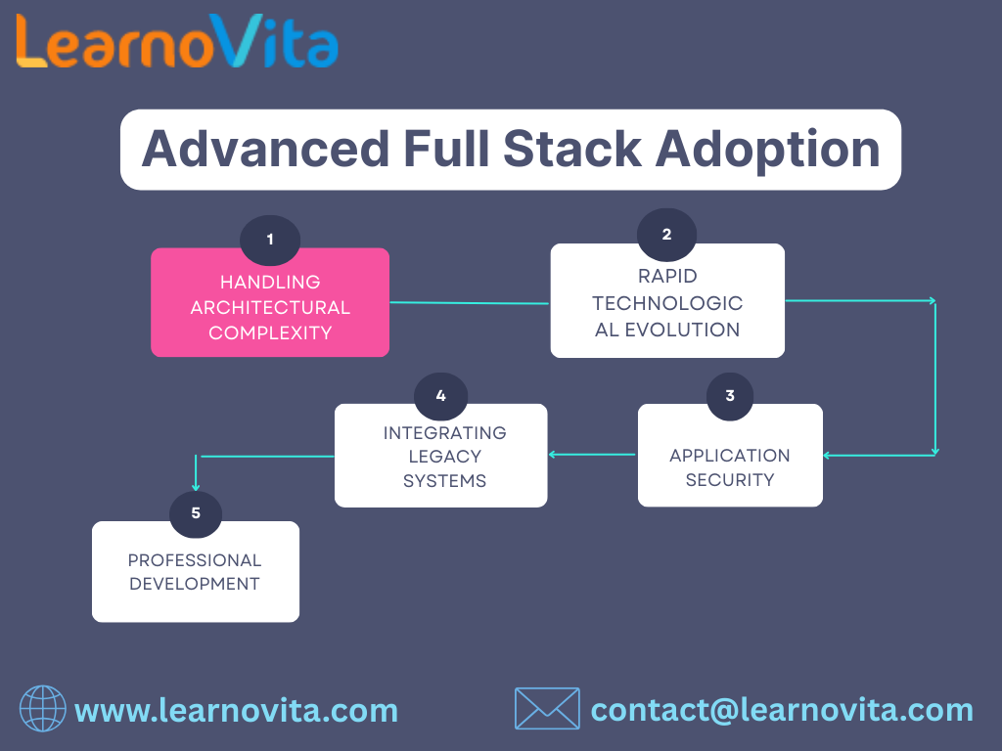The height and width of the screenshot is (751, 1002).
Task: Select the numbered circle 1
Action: pos(270,240)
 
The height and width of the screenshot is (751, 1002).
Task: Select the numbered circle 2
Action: pos(666,235)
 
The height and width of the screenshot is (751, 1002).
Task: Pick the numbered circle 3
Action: pos(730,396)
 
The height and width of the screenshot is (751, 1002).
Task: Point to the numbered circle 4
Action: pos(440,396)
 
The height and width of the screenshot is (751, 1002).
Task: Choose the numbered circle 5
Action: pos(196,512)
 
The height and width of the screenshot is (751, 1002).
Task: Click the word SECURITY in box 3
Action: pos(730,480)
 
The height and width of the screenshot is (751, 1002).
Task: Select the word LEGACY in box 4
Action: pos(444,457)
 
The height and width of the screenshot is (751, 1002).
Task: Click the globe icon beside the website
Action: pos(43,709)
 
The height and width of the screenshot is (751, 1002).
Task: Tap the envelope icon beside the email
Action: pos(547,709)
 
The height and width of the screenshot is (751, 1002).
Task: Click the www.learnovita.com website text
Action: pos(236,710)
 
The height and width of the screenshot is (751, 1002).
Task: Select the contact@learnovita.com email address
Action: pos(782,710)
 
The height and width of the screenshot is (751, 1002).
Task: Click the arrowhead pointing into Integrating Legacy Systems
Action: pos(553,454)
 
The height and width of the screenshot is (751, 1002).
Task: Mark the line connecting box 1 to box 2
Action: pos(470,303)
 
